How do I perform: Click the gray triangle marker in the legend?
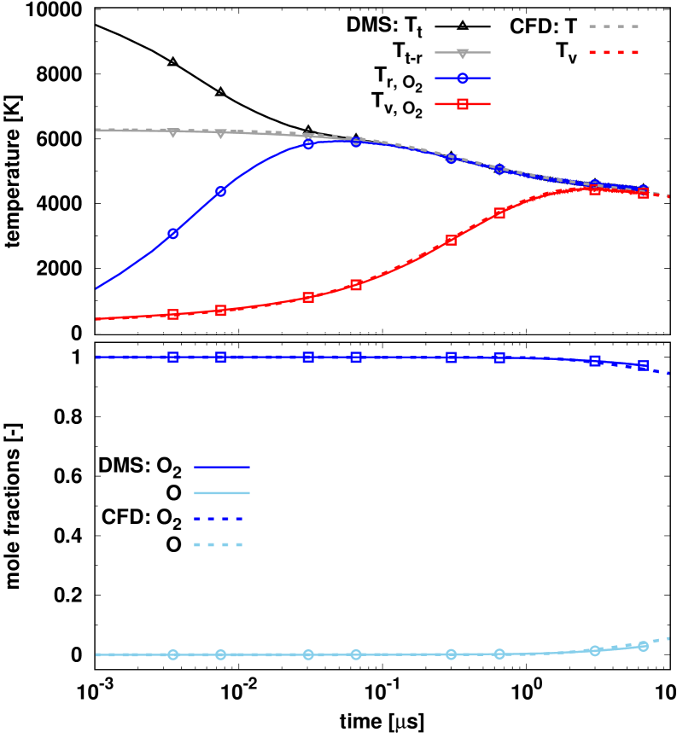[x=463, y=53]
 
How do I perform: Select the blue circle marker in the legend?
[x=463, y=78]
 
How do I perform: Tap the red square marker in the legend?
[x=463, y=104]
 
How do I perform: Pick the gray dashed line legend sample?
[x=615, y=26]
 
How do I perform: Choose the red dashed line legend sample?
[x=615, y=52]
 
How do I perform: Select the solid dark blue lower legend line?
[x=222, y=467]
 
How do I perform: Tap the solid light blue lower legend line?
[x=222, y=493]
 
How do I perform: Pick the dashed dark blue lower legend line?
[x=219, y=519]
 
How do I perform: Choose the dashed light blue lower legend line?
[x=219, y=544]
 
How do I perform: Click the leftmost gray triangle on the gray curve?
[x=173, y=132]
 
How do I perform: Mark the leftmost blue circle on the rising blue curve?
[x=173, y=233]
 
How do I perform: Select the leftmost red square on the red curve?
[x=173, y=314]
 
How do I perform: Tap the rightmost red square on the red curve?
[x=643, y=193]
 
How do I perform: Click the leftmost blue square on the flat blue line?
[x=173, y=357]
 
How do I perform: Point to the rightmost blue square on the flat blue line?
[x=643, y=365]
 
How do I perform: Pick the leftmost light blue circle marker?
[x=173, y=654]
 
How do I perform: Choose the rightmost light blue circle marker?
[x=643, y=646]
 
